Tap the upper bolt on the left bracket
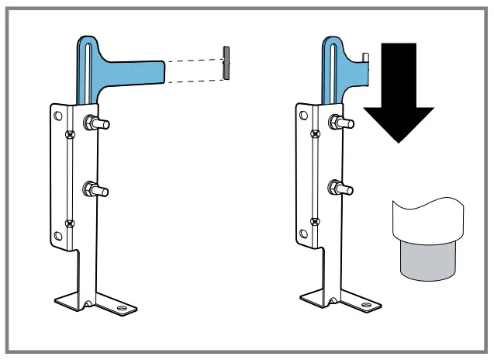click(97, 122)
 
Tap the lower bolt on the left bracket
click(97, 189)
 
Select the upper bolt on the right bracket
click(340, 122)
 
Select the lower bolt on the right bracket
click(340, 188)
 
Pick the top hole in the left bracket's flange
click(57, 115)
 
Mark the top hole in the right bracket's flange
click(302, 116)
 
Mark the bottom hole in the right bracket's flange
click(302, 235)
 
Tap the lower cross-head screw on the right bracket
click(316, 223)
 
